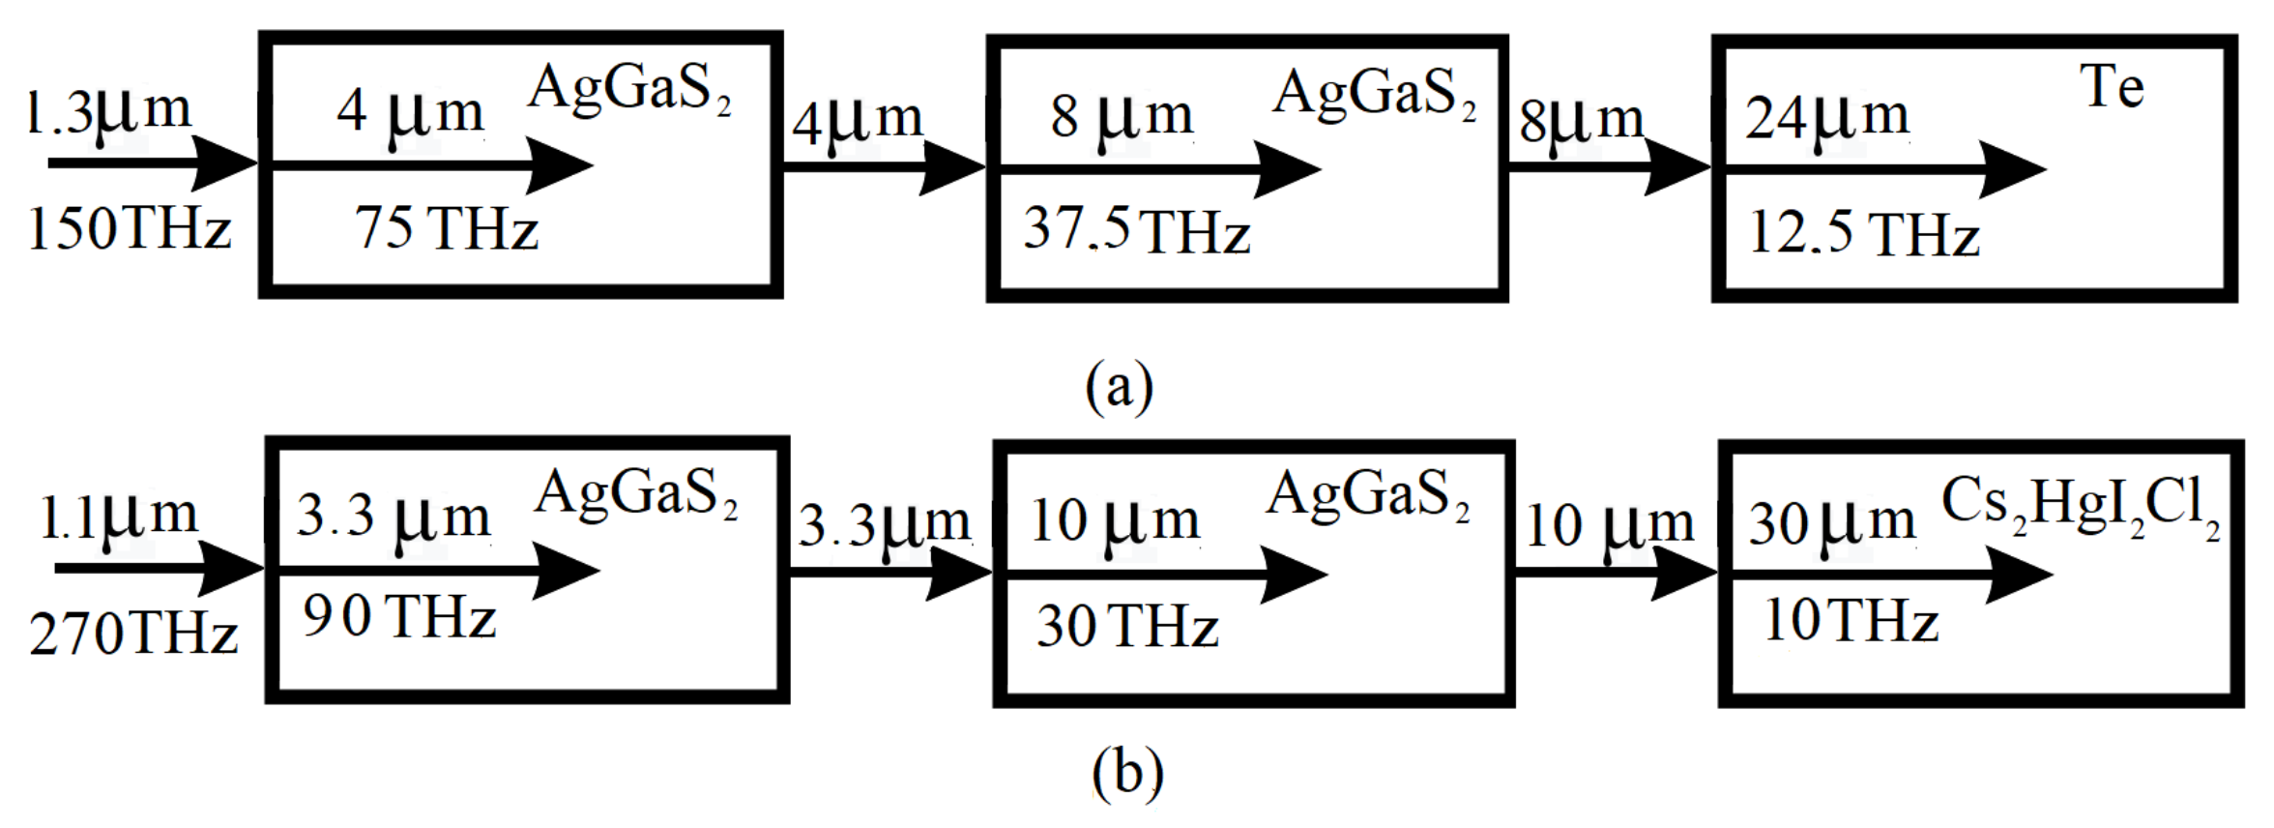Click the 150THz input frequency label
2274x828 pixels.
click(x=130, y=230)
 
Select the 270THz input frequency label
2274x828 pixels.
click(x=133, y=635)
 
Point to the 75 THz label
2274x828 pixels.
click(x=447, y=229)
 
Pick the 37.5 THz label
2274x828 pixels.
click(x=1137, y=231)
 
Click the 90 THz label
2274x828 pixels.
click(x=399, y=616)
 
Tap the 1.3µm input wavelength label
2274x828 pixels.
click(x=109, y=111)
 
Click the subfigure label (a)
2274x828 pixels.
click(x=1120, y=386)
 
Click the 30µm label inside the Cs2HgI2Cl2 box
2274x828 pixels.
click(x=1831, y=522)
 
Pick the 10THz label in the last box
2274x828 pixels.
click(x=1851, y=620)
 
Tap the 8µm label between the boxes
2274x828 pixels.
click(x=1581, y=120)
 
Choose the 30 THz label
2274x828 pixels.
click(x=1127, y=626)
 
